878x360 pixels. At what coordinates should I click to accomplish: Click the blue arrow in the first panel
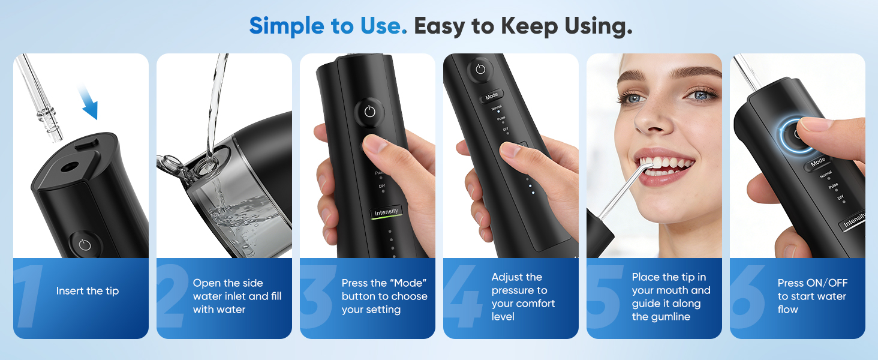[88, 102]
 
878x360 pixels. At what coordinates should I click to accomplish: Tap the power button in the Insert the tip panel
[85, 245]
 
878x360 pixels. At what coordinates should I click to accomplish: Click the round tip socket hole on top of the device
[68, 167]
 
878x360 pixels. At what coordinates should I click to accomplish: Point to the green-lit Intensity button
[386, 212]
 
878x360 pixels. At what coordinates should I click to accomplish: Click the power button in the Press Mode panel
[369, 112]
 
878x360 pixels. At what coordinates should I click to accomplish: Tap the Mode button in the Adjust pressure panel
[492, 95]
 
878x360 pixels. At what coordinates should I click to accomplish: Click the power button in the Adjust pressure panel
[480, 70]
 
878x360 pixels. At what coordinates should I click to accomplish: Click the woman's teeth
[666, 166]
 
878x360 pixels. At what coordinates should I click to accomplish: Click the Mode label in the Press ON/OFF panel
[818, 161]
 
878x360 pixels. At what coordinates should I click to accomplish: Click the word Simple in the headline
[287, 26]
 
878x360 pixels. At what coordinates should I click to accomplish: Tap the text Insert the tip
[88, 291]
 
